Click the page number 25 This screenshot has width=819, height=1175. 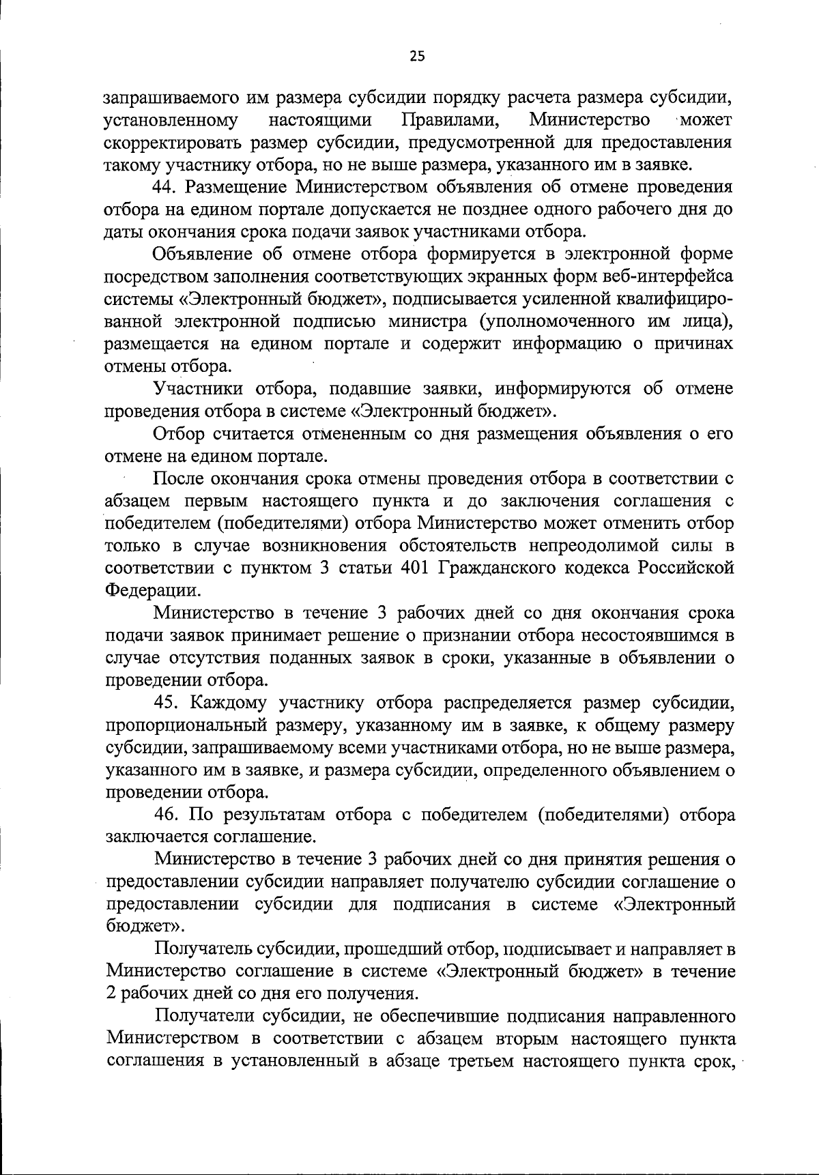(417, 57)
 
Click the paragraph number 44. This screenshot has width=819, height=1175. (167, 187)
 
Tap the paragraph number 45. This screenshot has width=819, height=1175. (168, 703)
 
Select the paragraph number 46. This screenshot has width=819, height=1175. (168, 815)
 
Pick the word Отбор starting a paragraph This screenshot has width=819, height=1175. (178, 434)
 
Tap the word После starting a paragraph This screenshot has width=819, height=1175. (180, 479)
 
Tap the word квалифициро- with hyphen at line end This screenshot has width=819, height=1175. (672, 299)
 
